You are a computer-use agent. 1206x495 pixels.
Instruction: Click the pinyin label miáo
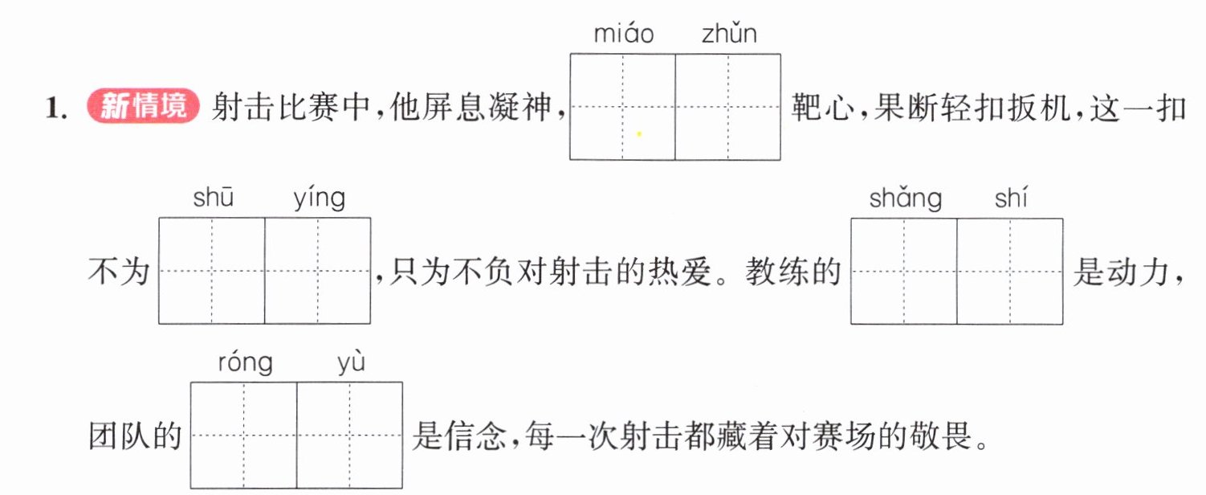[x=623, y=34]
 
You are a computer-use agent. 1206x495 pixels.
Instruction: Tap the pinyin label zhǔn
[x=729, y=34]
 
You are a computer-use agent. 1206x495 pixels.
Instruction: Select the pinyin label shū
[x=214, y=197]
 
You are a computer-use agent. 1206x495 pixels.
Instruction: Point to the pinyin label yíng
[x=320, y=198]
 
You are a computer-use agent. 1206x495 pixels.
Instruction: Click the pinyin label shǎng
[x=906, y=198]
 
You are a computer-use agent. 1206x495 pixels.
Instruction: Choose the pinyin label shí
[x=1011, y=197]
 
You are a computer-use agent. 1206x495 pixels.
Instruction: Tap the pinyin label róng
[x=246, y=362]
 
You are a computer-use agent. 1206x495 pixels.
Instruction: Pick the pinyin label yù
[x=351, y=362]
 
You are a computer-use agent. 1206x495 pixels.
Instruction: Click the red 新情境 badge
[x=143, y=105]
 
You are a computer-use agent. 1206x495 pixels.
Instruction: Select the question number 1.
[x=56, y=108]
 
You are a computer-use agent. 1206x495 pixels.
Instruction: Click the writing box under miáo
[x=623, y=107]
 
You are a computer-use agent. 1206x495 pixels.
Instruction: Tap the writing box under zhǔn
[x=728, y=107]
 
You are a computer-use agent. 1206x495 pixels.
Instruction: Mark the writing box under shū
[x=212, y=270]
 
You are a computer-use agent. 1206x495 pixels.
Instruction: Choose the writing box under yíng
[x=318, y=270]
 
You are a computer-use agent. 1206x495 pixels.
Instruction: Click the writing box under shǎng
[x=904, y=271]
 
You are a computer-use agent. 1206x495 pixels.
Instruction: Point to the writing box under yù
[x=349, y=436]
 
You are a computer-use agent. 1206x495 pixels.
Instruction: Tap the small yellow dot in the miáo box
[x=639, y=133]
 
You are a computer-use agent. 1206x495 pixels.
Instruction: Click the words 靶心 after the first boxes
[x=823, y=107]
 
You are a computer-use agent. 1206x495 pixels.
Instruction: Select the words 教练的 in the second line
[x=793, y=271]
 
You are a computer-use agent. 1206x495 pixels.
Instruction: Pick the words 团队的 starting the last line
[x=135, y=436]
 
